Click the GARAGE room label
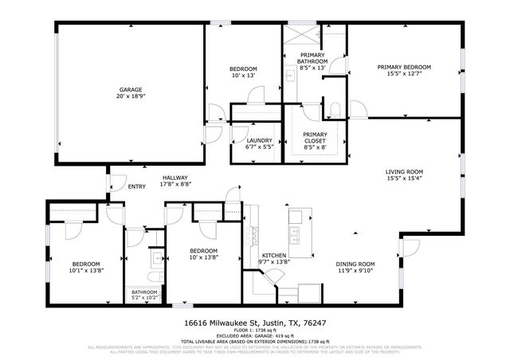131,90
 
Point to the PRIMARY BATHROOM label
312,58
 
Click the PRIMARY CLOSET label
315,138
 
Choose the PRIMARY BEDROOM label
404,67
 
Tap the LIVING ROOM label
404,171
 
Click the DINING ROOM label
355,264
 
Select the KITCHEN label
275,255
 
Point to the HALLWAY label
175,178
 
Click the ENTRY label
138,187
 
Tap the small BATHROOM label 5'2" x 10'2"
144,292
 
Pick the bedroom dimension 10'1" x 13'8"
86,271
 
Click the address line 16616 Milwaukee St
254,323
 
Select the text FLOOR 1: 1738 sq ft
254,330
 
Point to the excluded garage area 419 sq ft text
254,335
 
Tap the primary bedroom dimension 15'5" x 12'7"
404,73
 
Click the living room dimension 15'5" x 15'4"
404,178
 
